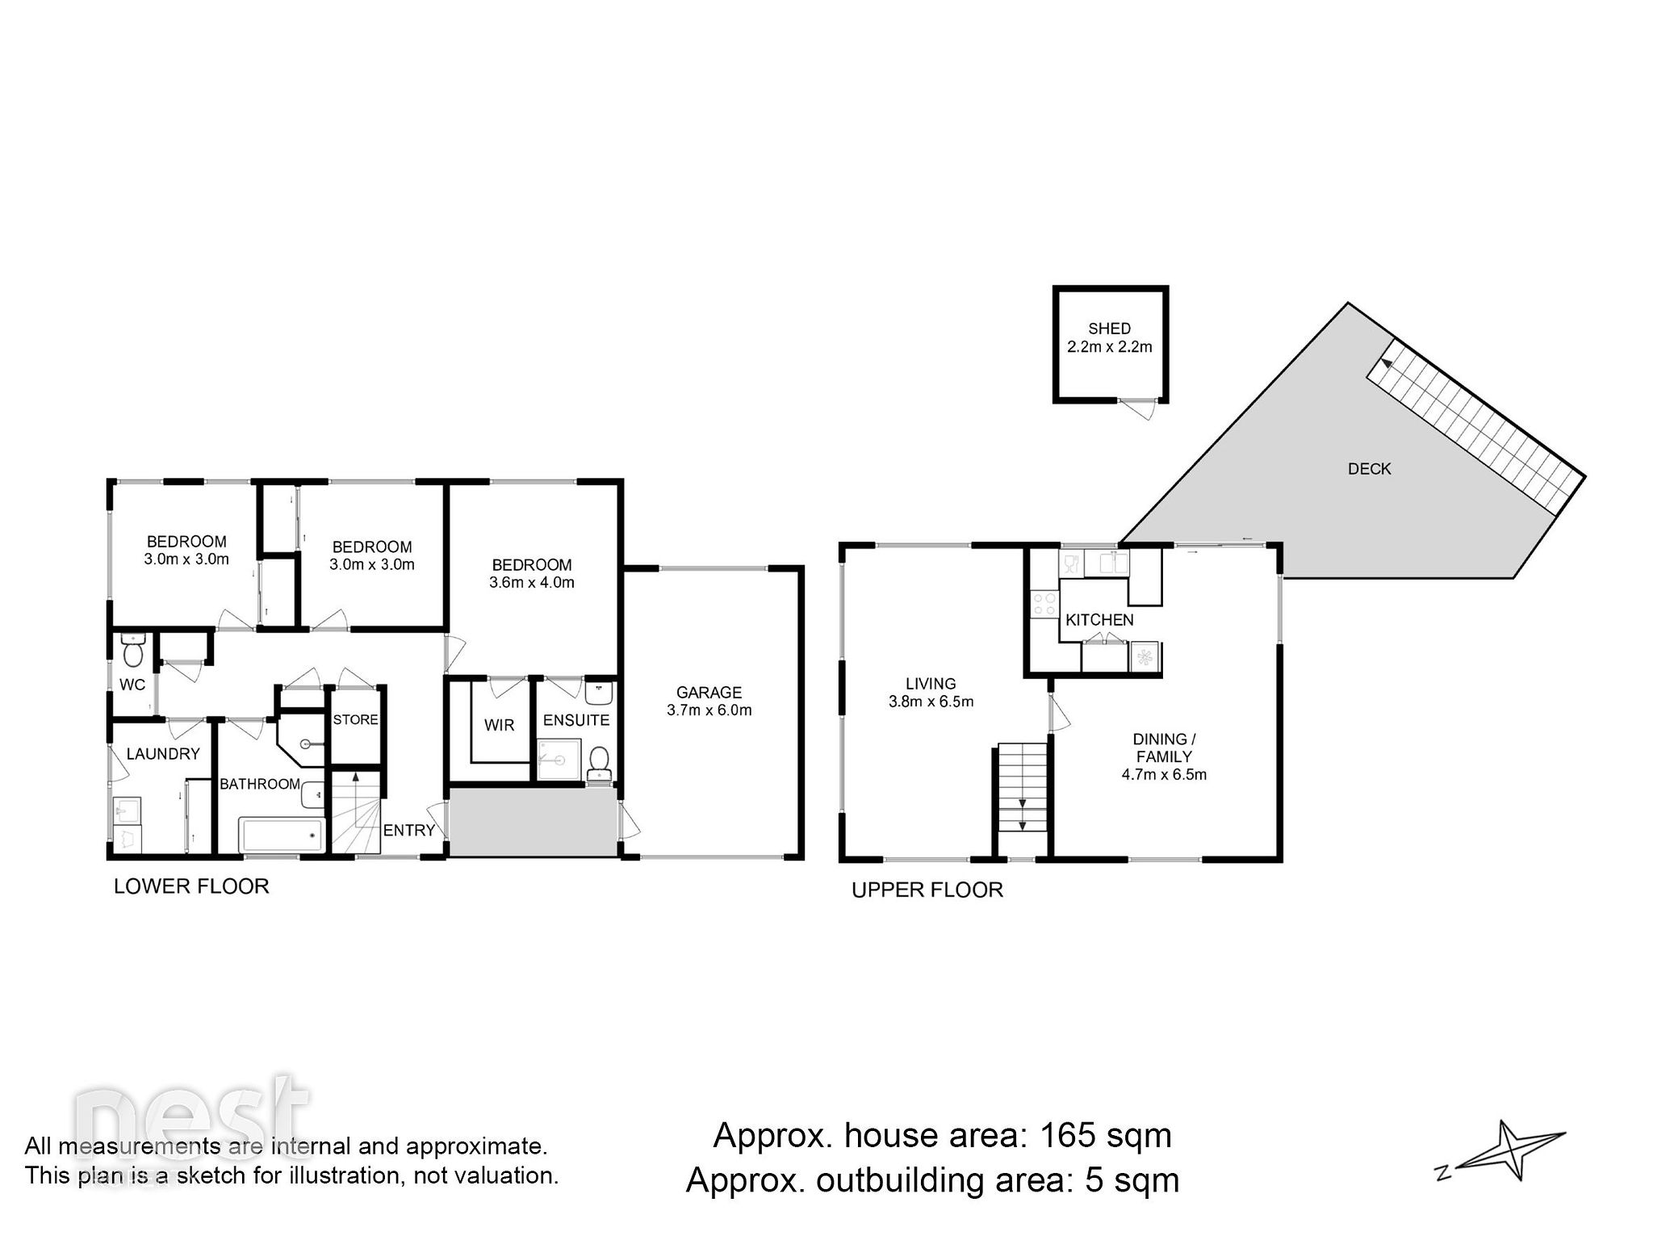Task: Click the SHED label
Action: click(1109, 329)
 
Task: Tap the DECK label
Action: click(1370, 468)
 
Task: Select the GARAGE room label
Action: click(709, 692)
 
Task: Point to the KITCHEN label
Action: click(1099, 620)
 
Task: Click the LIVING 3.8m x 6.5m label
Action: click(931, 693)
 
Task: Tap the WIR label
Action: click(499, 725)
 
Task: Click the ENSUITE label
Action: click(575, 720)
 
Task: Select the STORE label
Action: click(355, 719)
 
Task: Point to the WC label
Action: click(132, 685)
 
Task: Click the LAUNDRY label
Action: click(163, 753)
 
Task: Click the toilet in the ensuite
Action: click(599, 760)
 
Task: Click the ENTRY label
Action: click(409, 830)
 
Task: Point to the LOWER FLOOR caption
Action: click(191, 886)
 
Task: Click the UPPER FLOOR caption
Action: click(927, 890)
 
